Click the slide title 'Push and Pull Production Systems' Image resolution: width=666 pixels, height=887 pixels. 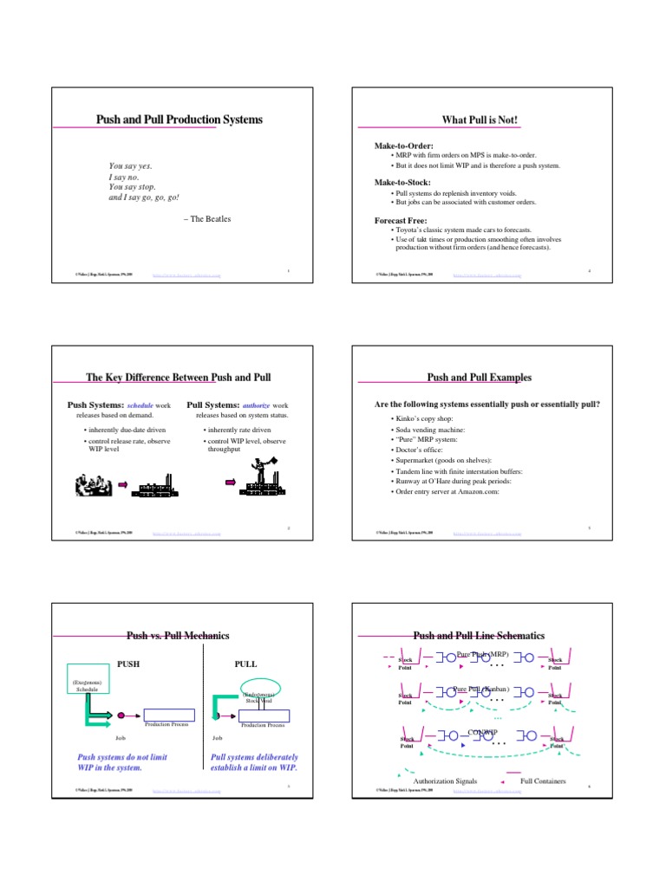pos(179,120)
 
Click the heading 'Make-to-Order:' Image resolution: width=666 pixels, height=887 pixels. pos(402,146)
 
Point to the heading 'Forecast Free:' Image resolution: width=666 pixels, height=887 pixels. pos(401,220)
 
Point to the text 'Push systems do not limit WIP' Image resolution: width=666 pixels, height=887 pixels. pos(121,756)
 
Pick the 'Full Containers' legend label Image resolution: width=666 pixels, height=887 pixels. pos(543,780)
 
